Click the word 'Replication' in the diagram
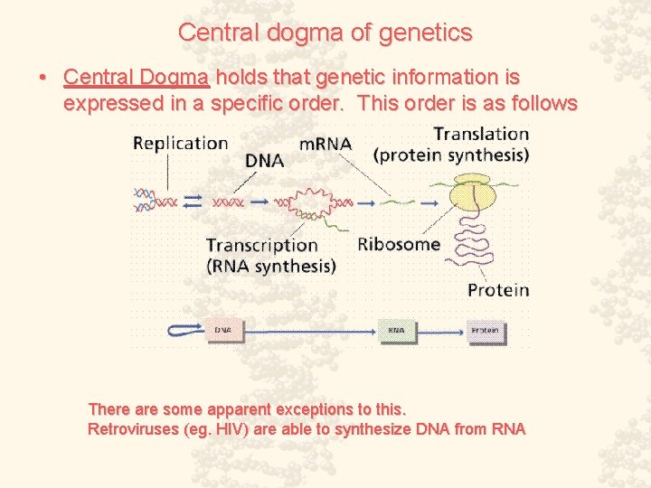point(180,143)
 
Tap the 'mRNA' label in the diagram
point(325,144)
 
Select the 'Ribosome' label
point(399,244)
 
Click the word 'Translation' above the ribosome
point(481,134)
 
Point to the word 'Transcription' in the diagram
point(261,245)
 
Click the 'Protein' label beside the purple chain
point(497,290)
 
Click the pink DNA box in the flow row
point(222,331)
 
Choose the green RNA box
point(396,331)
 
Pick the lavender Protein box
point(485,331)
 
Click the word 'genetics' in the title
point(429,33)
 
